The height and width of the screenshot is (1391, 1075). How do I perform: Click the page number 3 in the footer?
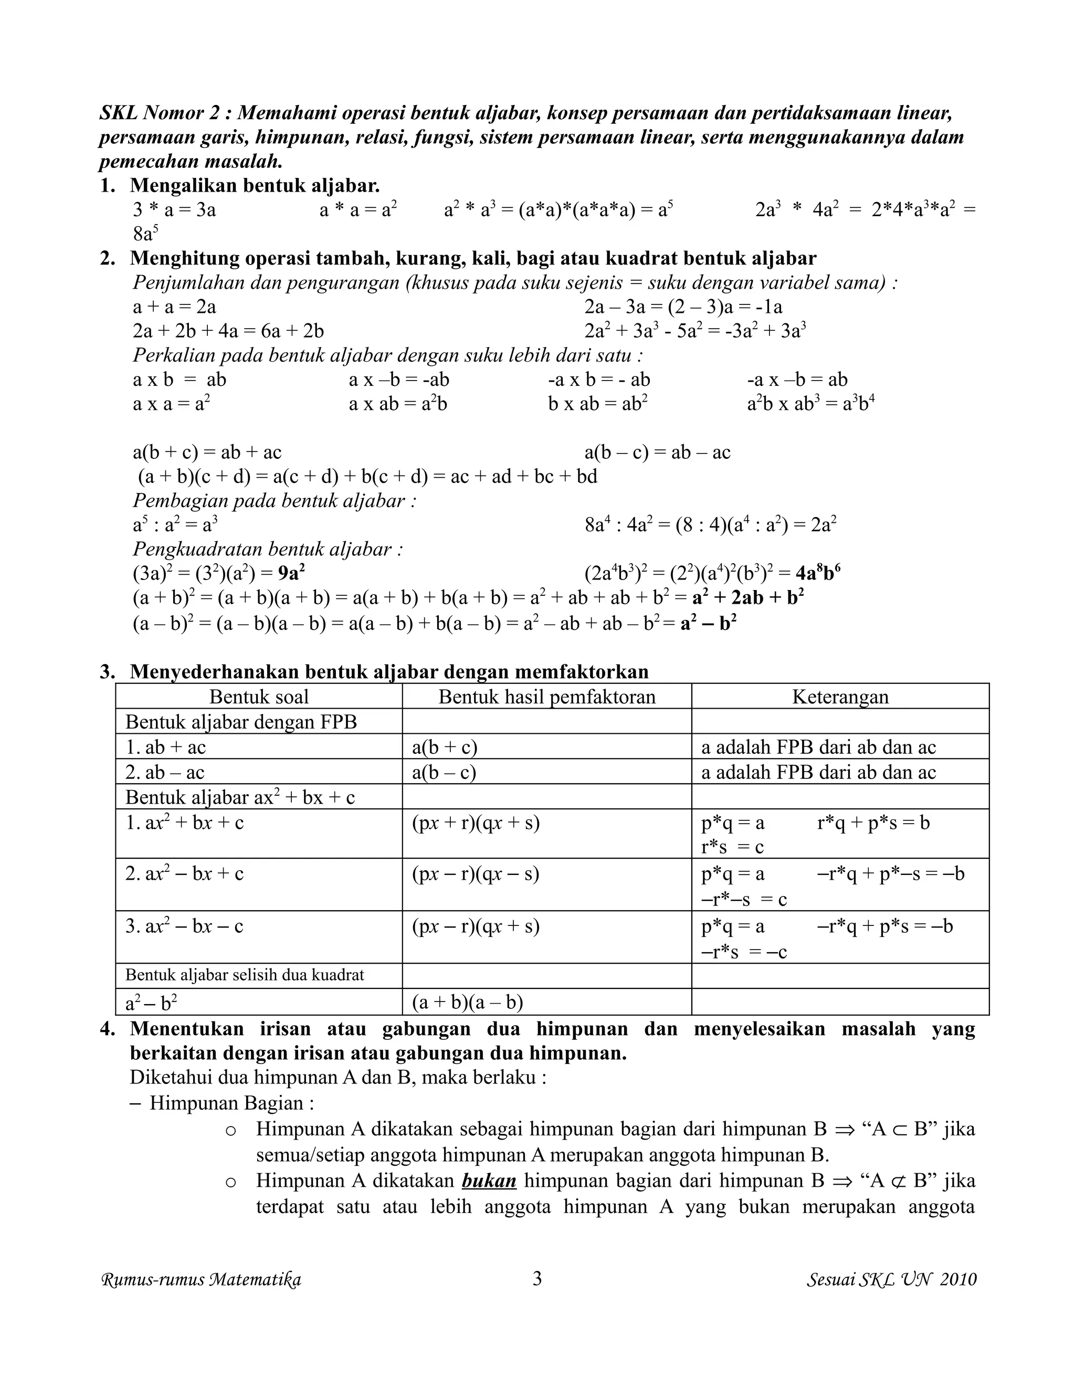coord(537,1278)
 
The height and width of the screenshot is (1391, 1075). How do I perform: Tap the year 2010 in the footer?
coord(958,1280)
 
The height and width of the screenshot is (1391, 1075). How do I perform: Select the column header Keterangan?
coord(840,696)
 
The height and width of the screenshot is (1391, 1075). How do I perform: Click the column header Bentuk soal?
coord(259,696)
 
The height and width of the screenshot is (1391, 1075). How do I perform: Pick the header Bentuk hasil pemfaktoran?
coord(546,696)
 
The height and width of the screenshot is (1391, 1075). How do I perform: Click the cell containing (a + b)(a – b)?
coord(468,1003)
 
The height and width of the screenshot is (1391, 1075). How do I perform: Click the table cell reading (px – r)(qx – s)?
coord(475,873)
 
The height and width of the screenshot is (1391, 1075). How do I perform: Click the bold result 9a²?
coord(292,574)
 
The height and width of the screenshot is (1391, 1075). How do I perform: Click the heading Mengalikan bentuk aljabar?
coord(255,185)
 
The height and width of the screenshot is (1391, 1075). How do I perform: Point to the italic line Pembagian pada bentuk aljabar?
coord(275,501)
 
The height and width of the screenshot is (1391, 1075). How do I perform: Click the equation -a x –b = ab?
coord(797,380)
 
